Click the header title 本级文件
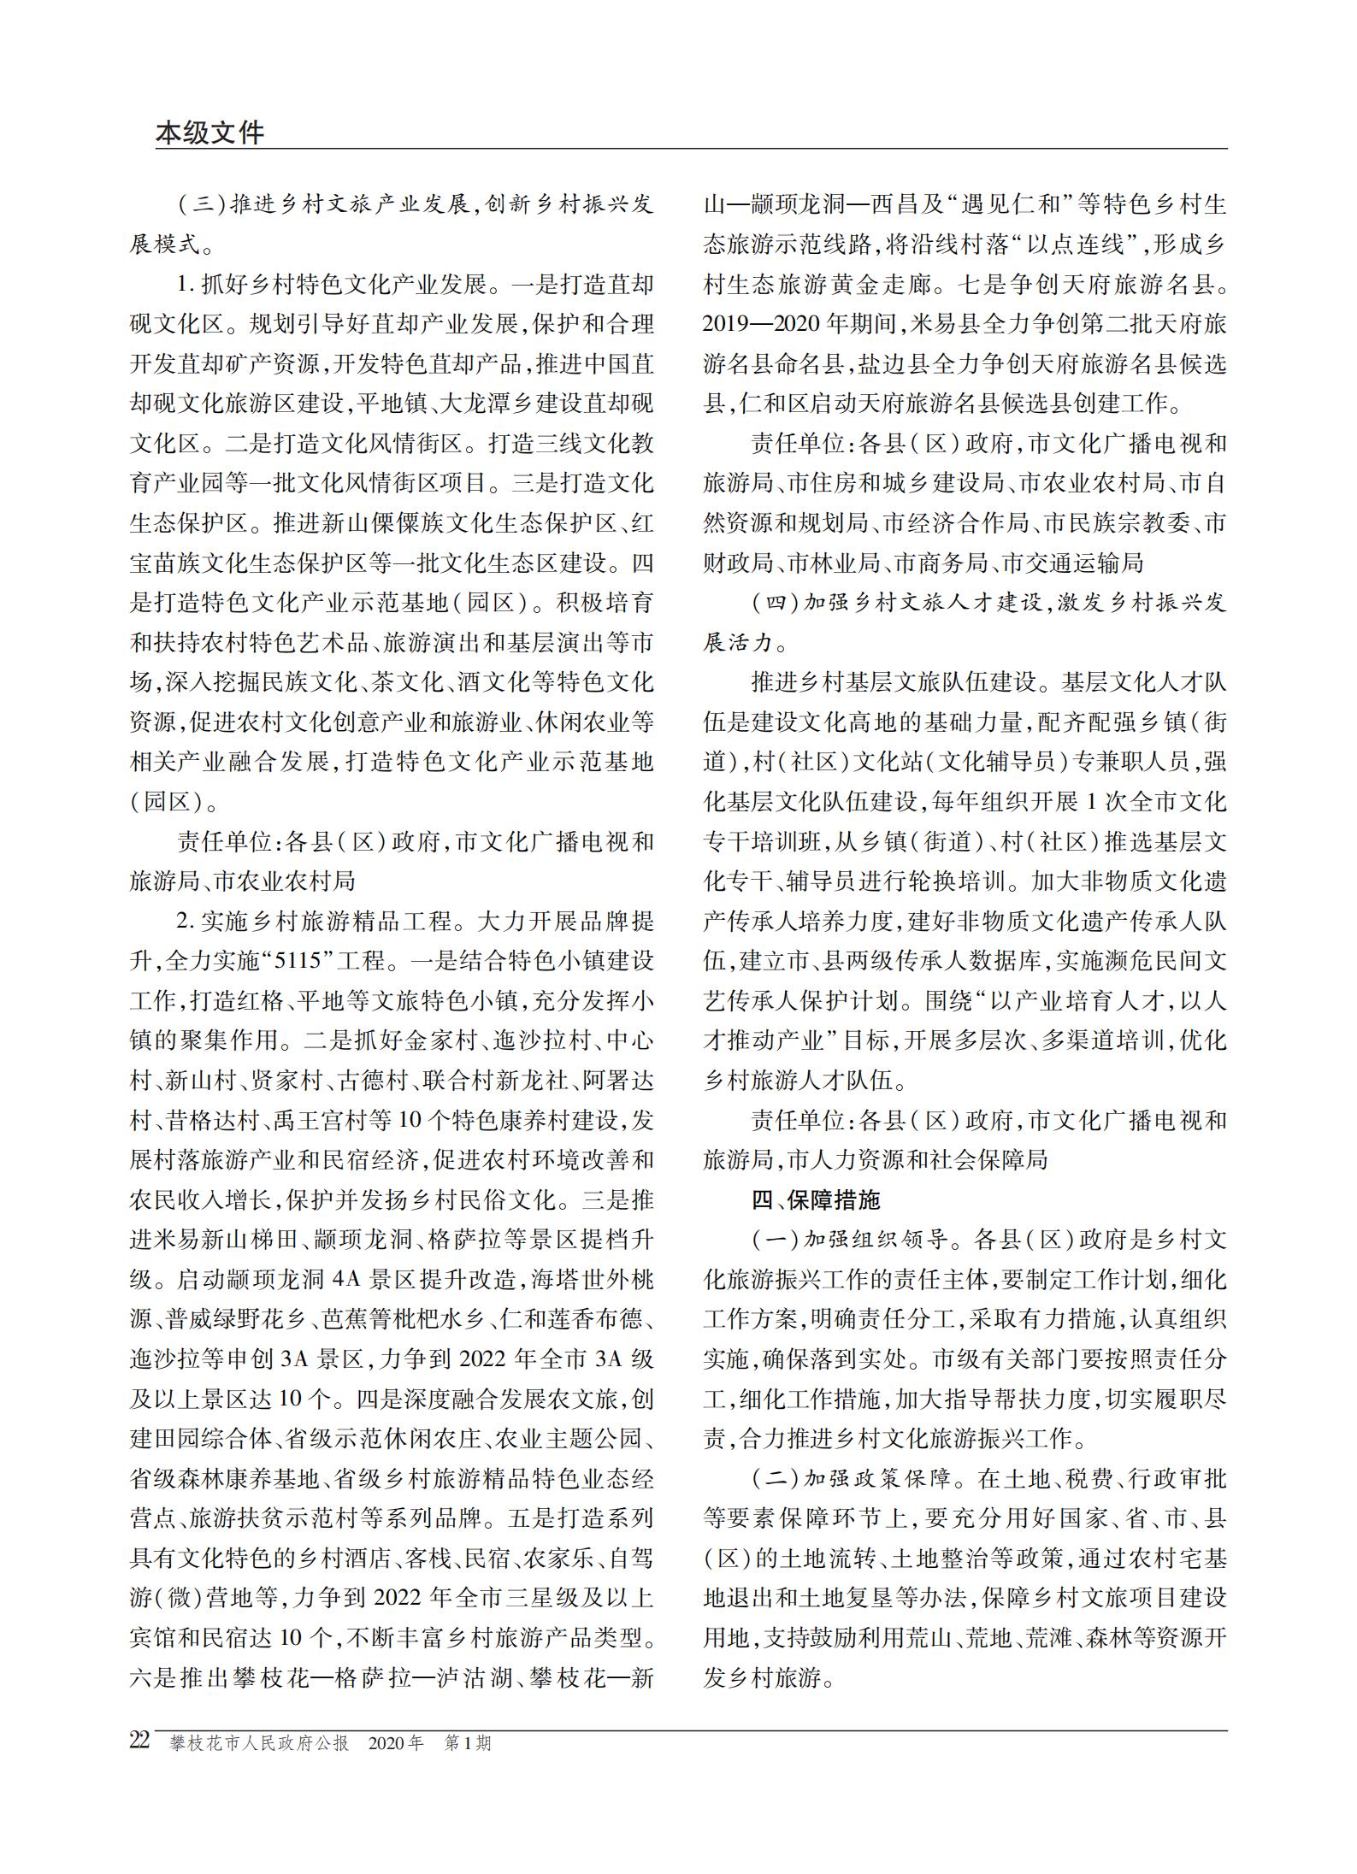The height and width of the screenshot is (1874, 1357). pos(210,133)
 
